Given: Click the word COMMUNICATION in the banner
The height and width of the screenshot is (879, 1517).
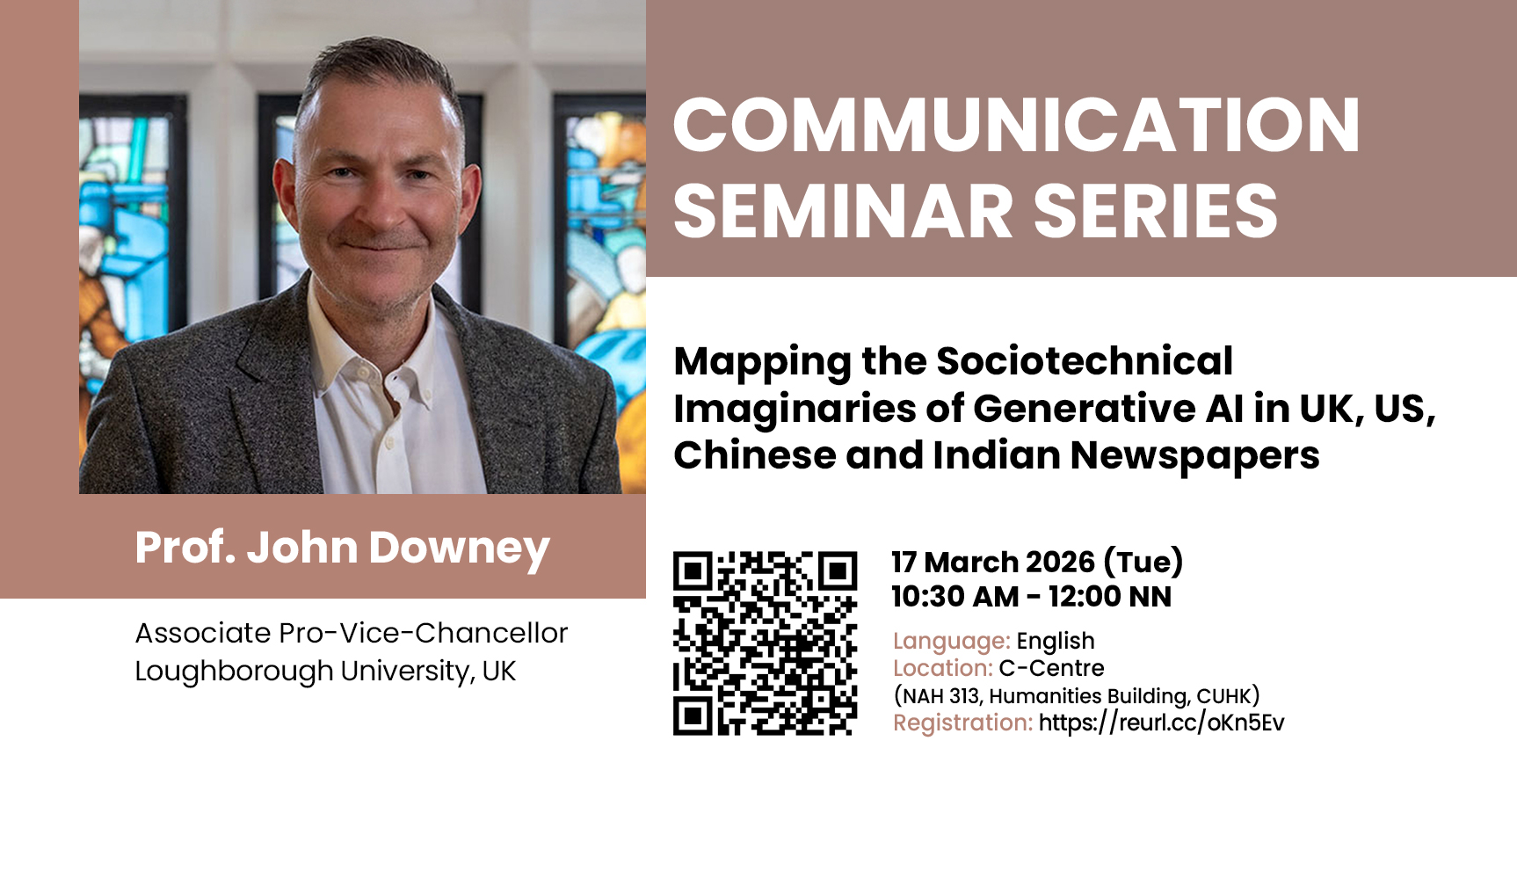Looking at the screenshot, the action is click(1017, 125).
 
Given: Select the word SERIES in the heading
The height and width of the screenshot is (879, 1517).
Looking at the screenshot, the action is click(1155, 211).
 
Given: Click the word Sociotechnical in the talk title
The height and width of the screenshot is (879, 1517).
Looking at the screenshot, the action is click(1085, 361).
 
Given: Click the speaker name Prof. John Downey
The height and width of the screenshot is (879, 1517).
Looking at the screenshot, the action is click(342, 548).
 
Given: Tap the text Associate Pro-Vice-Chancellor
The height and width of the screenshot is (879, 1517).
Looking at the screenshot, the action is click(352, 633).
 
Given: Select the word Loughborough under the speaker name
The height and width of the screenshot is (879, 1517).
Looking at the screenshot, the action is click(234, 672).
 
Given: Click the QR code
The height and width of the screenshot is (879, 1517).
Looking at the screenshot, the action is click(765, 643).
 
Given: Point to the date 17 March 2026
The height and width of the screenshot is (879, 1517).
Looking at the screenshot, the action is click(993, 563).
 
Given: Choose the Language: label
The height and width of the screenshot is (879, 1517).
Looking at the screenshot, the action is click(952, 642).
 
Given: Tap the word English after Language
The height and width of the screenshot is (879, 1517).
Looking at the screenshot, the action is click(1056, 642).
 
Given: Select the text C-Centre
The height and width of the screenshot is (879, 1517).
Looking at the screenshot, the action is click(1052, 668).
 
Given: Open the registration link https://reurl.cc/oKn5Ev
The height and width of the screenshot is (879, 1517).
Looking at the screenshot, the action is click(1161, 723).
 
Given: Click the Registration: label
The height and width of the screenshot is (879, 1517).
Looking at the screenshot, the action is click(963, 723).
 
